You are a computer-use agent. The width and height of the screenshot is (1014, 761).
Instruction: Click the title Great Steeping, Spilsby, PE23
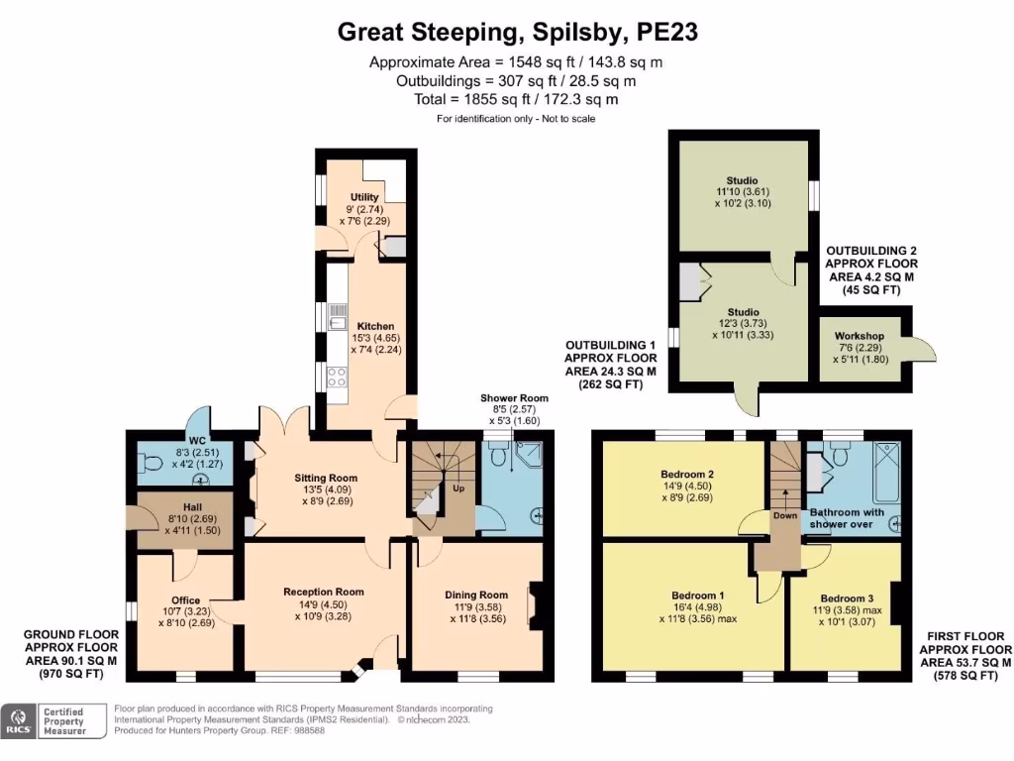tap(518, 32)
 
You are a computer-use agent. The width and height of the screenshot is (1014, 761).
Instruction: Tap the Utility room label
tap(364, 197)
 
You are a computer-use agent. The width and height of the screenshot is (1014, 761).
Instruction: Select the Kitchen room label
tap(375, 326)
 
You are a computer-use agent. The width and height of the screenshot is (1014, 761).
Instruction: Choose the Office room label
tap(185, 599)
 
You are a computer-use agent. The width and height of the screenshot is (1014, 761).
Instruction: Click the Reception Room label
tap(326, 592)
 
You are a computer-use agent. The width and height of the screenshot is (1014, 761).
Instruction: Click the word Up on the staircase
tap(458, 489)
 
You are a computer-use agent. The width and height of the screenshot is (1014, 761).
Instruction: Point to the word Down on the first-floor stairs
tap(784, 515)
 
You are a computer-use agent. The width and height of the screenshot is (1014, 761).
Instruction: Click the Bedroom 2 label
tap(682, 474)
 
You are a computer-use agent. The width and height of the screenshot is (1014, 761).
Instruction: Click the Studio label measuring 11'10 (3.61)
tap(741, 180)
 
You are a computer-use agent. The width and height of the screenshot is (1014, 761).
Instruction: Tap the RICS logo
tap(18, 720)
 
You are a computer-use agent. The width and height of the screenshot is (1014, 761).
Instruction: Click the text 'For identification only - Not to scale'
tap(516, 119)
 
